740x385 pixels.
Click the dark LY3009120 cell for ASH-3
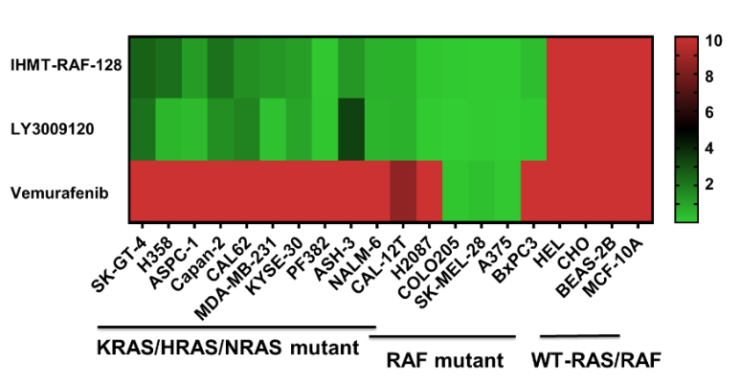coord(351,128)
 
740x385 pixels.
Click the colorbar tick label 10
coord(715,41)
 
